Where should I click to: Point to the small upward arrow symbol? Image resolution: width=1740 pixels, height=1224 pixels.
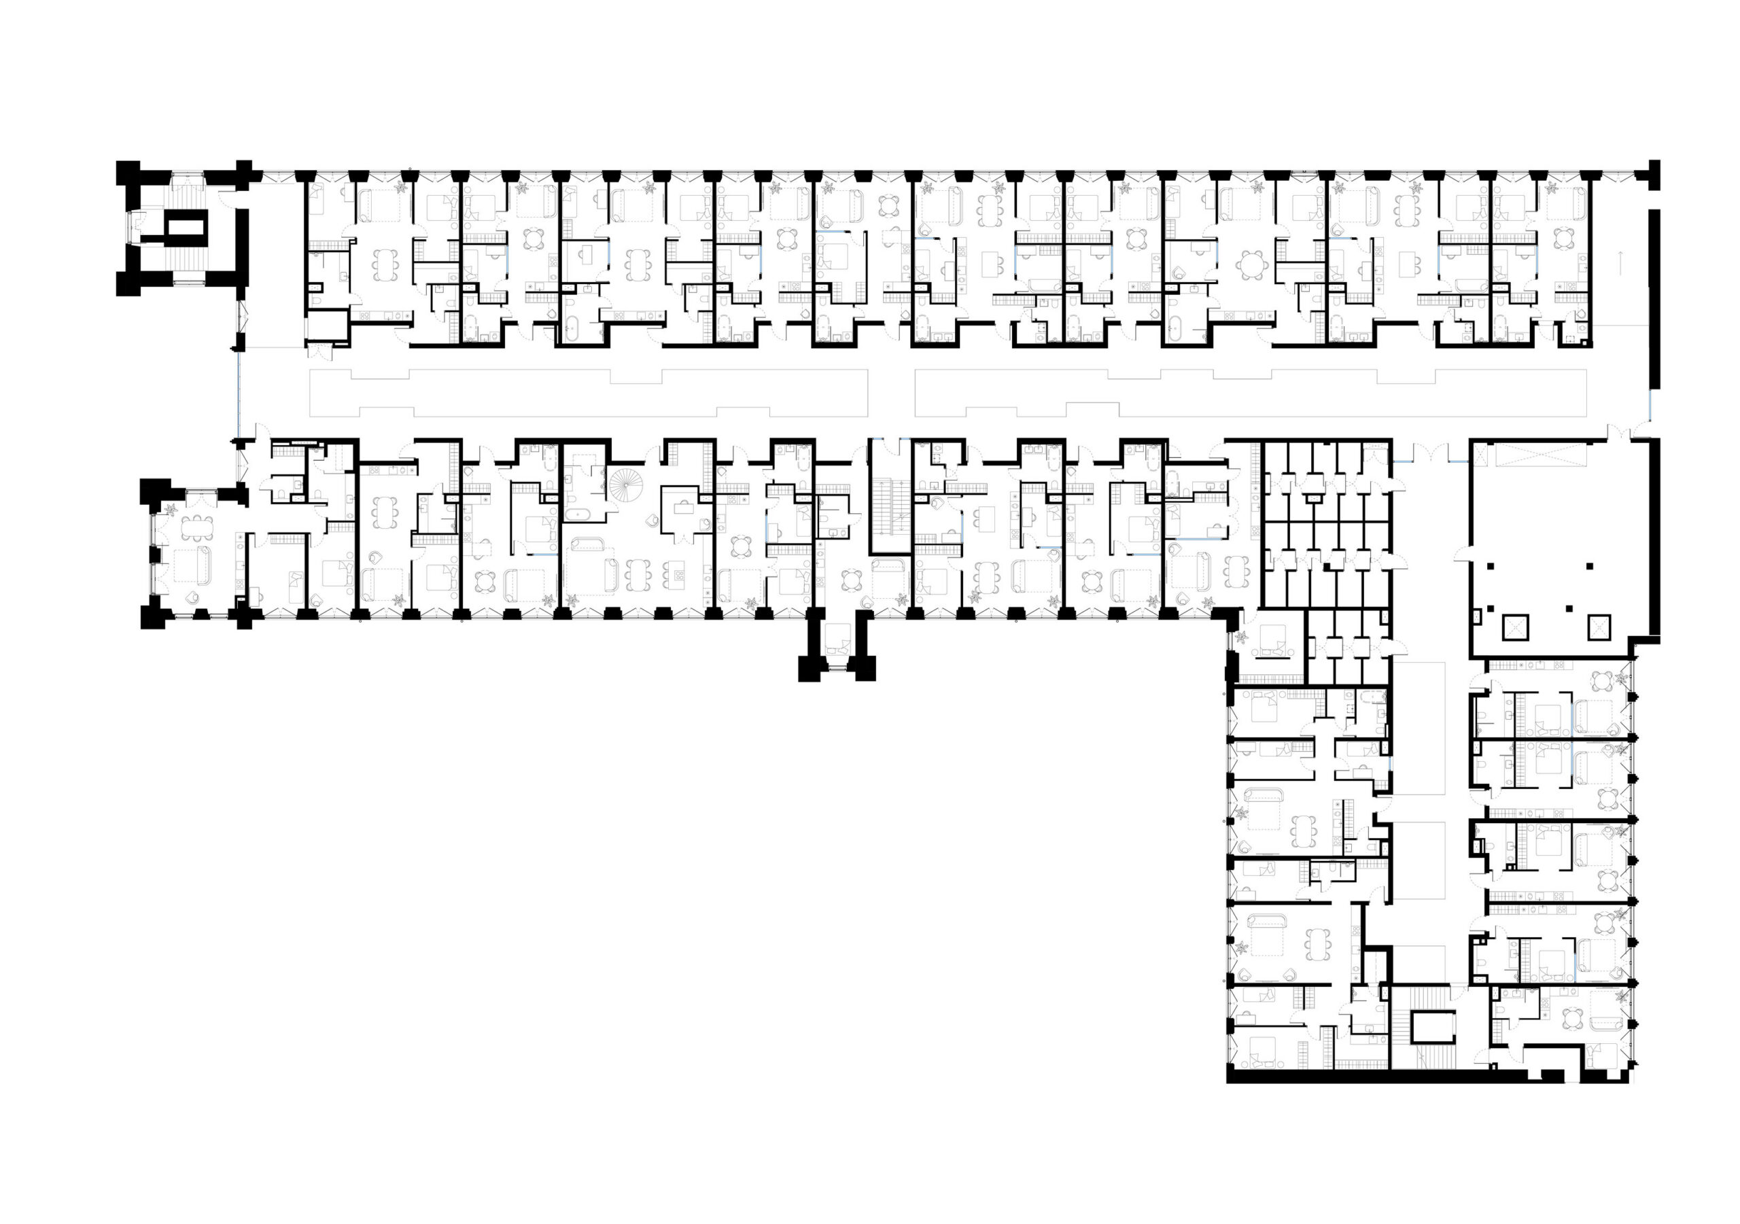click(1620, 263)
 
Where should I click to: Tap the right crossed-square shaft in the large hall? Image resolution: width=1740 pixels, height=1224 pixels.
click(1599, 627)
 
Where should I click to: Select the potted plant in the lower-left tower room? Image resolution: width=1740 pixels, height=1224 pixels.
click(171, 509)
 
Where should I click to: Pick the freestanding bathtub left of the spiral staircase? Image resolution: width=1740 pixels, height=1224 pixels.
click(582, 514)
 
